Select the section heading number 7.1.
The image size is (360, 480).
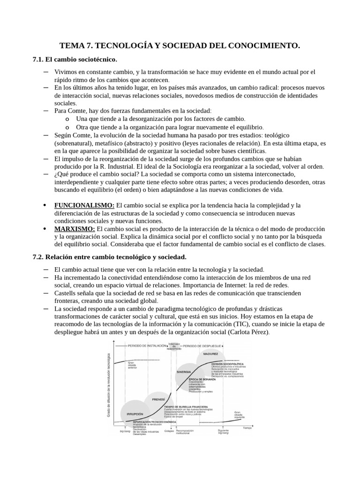click(x=38, y=60)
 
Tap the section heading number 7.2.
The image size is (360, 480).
click(x=38, y=257)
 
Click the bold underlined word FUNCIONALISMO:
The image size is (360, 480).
click(x=84, y=205)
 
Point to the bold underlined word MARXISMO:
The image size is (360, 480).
click(x=75, y=228)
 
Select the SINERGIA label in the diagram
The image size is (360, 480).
click(x=183, y=372)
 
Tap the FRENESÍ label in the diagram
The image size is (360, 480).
click(x=158, y=399)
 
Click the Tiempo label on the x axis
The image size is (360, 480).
click(x=247, y=427)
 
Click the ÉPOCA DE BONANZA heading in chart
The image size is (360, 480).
click(x=202, y=379)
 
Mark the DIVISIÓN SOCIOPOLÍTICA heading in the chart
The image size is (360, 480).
click(x=227, y=364)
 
